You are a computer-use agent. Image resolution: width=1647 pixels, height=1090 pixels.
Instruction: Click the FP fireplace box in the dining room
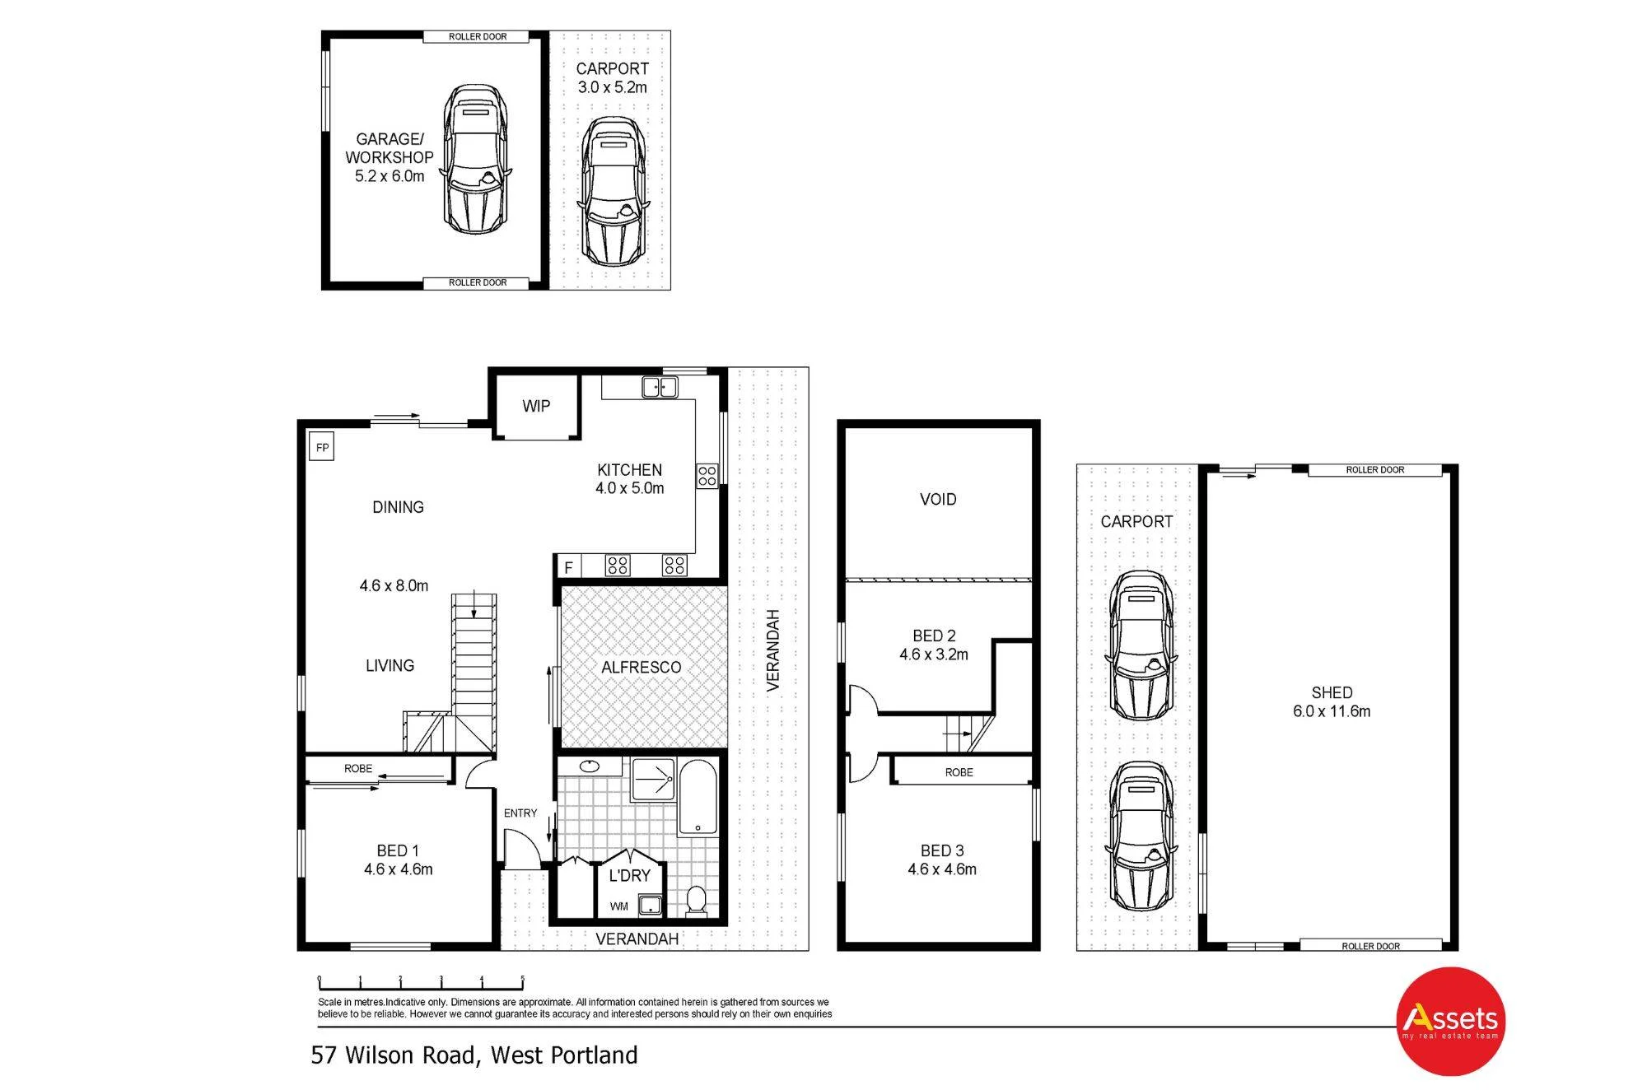click(x=322, y=448)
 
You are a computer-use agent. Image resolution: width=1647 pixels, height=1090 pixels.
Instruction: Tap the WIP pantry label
click(x=536, y=406)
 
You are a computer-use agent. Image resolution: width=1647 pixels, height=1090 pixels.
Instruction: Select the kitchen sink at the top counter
click(x=660, y=387)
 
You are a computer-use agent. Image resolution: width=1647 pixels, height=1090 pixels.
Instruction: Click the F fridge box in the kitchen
click(x=568, y=567)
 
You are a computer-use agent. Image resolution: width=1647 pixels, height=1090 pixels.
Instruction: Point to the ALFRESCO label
click(x=642, y=668)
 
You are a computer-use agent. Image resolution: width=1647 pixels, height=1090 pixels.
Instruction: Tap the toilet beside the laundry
click(x=697, y=900)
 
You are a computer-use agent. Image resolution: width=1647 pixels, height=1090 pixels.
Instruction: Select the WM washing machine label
click(x=619, y=906)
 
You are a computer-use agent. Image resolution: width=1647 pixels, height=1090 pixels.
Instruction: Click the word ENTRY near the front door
click(x=520, y=813)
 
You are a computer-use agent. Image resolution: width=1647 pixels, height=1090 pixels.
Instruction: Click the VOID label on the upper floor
click(x=938, y=500)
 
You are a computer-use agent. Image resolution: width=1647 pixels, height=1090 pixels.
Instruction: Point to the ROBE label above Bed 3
click(x=959, y=772)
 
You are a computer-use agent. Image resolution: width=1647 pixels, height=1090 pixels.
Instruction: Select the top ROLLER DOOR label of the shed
click(x=1375, y=470)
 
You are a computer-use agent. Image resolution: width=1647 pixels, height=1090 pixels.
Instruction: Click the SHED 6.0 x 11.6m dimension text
click(x=1332, y=711)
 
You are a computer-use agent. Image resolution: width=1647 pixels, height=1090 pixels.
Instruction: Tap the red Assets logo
click(x=1451, y=1021)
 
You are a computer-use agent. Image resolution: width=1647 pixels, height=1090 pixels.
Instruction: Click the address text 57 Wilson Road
click(x=393, y=1055)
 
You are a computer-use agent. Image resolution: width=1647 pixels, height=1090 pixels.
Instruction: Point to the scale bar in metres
click(x=421, y=982)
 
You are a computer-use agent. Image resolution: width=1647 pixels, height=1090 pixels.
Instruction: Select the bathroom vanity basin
click(x=590, y=767)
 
